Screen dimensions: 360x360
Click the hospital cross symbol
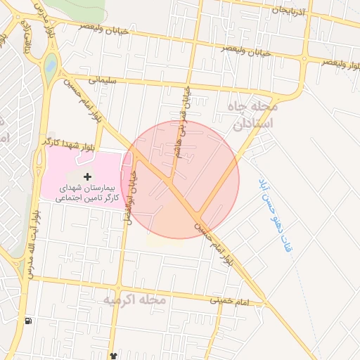tap(87, 175)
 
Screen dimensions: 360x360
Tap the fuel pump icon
tap(27, 321)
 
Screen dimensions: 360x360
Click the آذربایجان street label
tap(290, 12)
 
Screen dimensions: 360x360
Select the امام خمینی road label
tap(228, 301)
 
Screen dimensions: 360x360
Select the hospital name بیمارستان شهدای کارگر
tap(87, 195)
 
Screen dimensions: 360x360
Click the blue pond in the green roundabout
tap(50, 66)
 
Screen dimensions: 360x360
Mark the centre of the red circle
tap(180, 180)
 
